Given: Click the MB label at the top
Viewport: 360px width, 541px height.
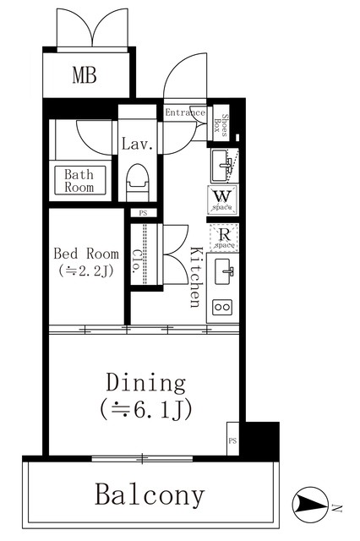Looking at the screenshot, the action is pyautogui.click(x=85, y=75).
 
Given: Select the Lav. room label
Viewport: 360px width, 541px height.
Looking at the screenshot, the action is pyautogui.click(x=137, y=145).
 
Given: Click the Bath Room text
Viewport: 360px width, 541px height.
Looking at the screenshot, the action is pyautogui.click(x=79, y=180).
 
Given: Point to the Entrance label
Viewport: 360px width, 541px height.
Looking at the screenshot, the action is pyautogui.click(x=185, y=112).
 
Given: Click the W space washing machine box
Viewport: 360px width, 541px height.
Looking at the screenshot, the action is pyautogui.click(x=223, y=200).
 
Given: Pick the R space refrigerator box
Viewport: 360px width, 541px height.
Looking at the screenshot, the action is pyautogui.click(x=224, y=238).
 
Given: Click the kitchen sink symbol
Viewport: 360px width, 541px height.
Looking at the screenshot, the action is pyautogui.click(x=223, y=271).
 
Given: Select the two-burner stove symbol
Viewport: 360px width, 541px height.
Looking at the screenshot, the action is pyautogui.click(x=221, y=307).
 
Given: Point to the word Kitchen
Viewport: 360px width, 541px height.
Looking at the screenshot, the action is pyautogui.click(x=195, y=276).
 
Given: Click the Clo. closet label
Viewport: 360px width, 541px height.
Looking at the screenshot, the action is pyautogui.click(x=136, y=261).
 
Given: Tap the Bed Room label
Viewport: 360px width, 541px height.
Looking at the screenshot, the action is pyautogui.click(x=86, y=254).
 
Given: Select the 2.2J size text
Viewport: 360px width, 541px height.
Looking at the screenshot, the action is pyautogui.click(x=86, y=270).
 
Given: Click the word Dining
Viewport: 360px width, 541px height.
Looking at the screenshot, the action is pyautogui.click(x=146, y=383).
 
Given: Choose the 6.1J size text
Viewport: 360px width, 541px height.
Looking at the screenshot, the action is pyautogui.click(x=146, y=409).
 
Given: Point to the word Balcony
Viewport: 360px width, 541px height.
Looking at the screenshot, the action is pyautogui.click(x=150, y=495).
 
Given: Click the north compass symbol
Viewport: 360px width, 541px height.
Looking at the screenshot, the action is pyautogui.click(x=310, y=505).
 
